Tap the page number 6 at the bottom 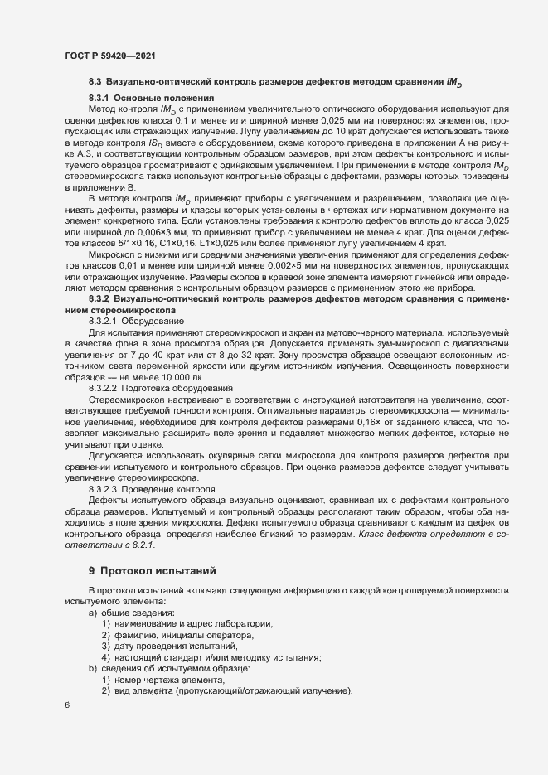click(67, 705)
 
